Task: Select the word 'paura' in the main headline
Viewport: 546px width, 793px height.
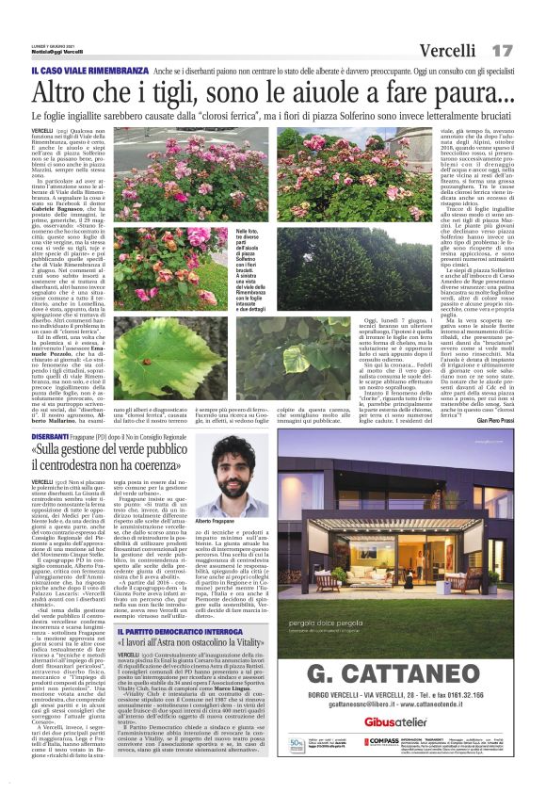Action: tap(468, 92)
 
